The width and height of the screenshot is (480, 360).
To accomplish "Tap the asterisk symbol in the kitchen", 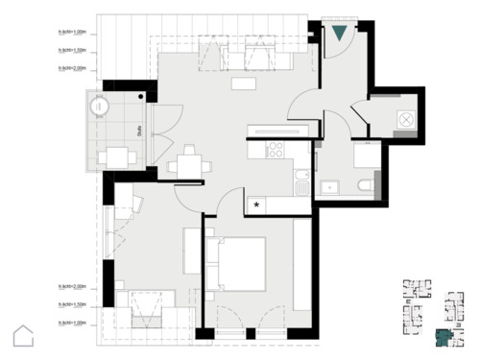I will click(256, 204).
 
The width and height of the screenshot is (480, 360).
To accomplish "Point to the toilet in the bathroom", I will click(363, 185).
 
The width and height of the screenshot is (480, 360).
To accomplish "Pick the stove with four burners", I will click(275, 150).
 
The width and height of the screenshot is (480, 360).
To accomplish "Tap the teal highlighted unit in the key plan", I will click(443, 337).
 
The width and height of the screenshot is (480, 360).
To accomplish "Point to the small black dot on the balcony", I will click(140, 96).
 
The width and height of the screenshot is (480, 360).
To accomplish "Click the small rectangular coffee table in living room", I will click(244, 84).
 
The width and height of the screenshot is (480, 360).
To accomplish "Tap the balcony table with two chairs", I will click(116, 156).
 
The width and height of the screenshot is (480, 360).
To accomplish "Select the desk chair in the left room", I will click(133, 204).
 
